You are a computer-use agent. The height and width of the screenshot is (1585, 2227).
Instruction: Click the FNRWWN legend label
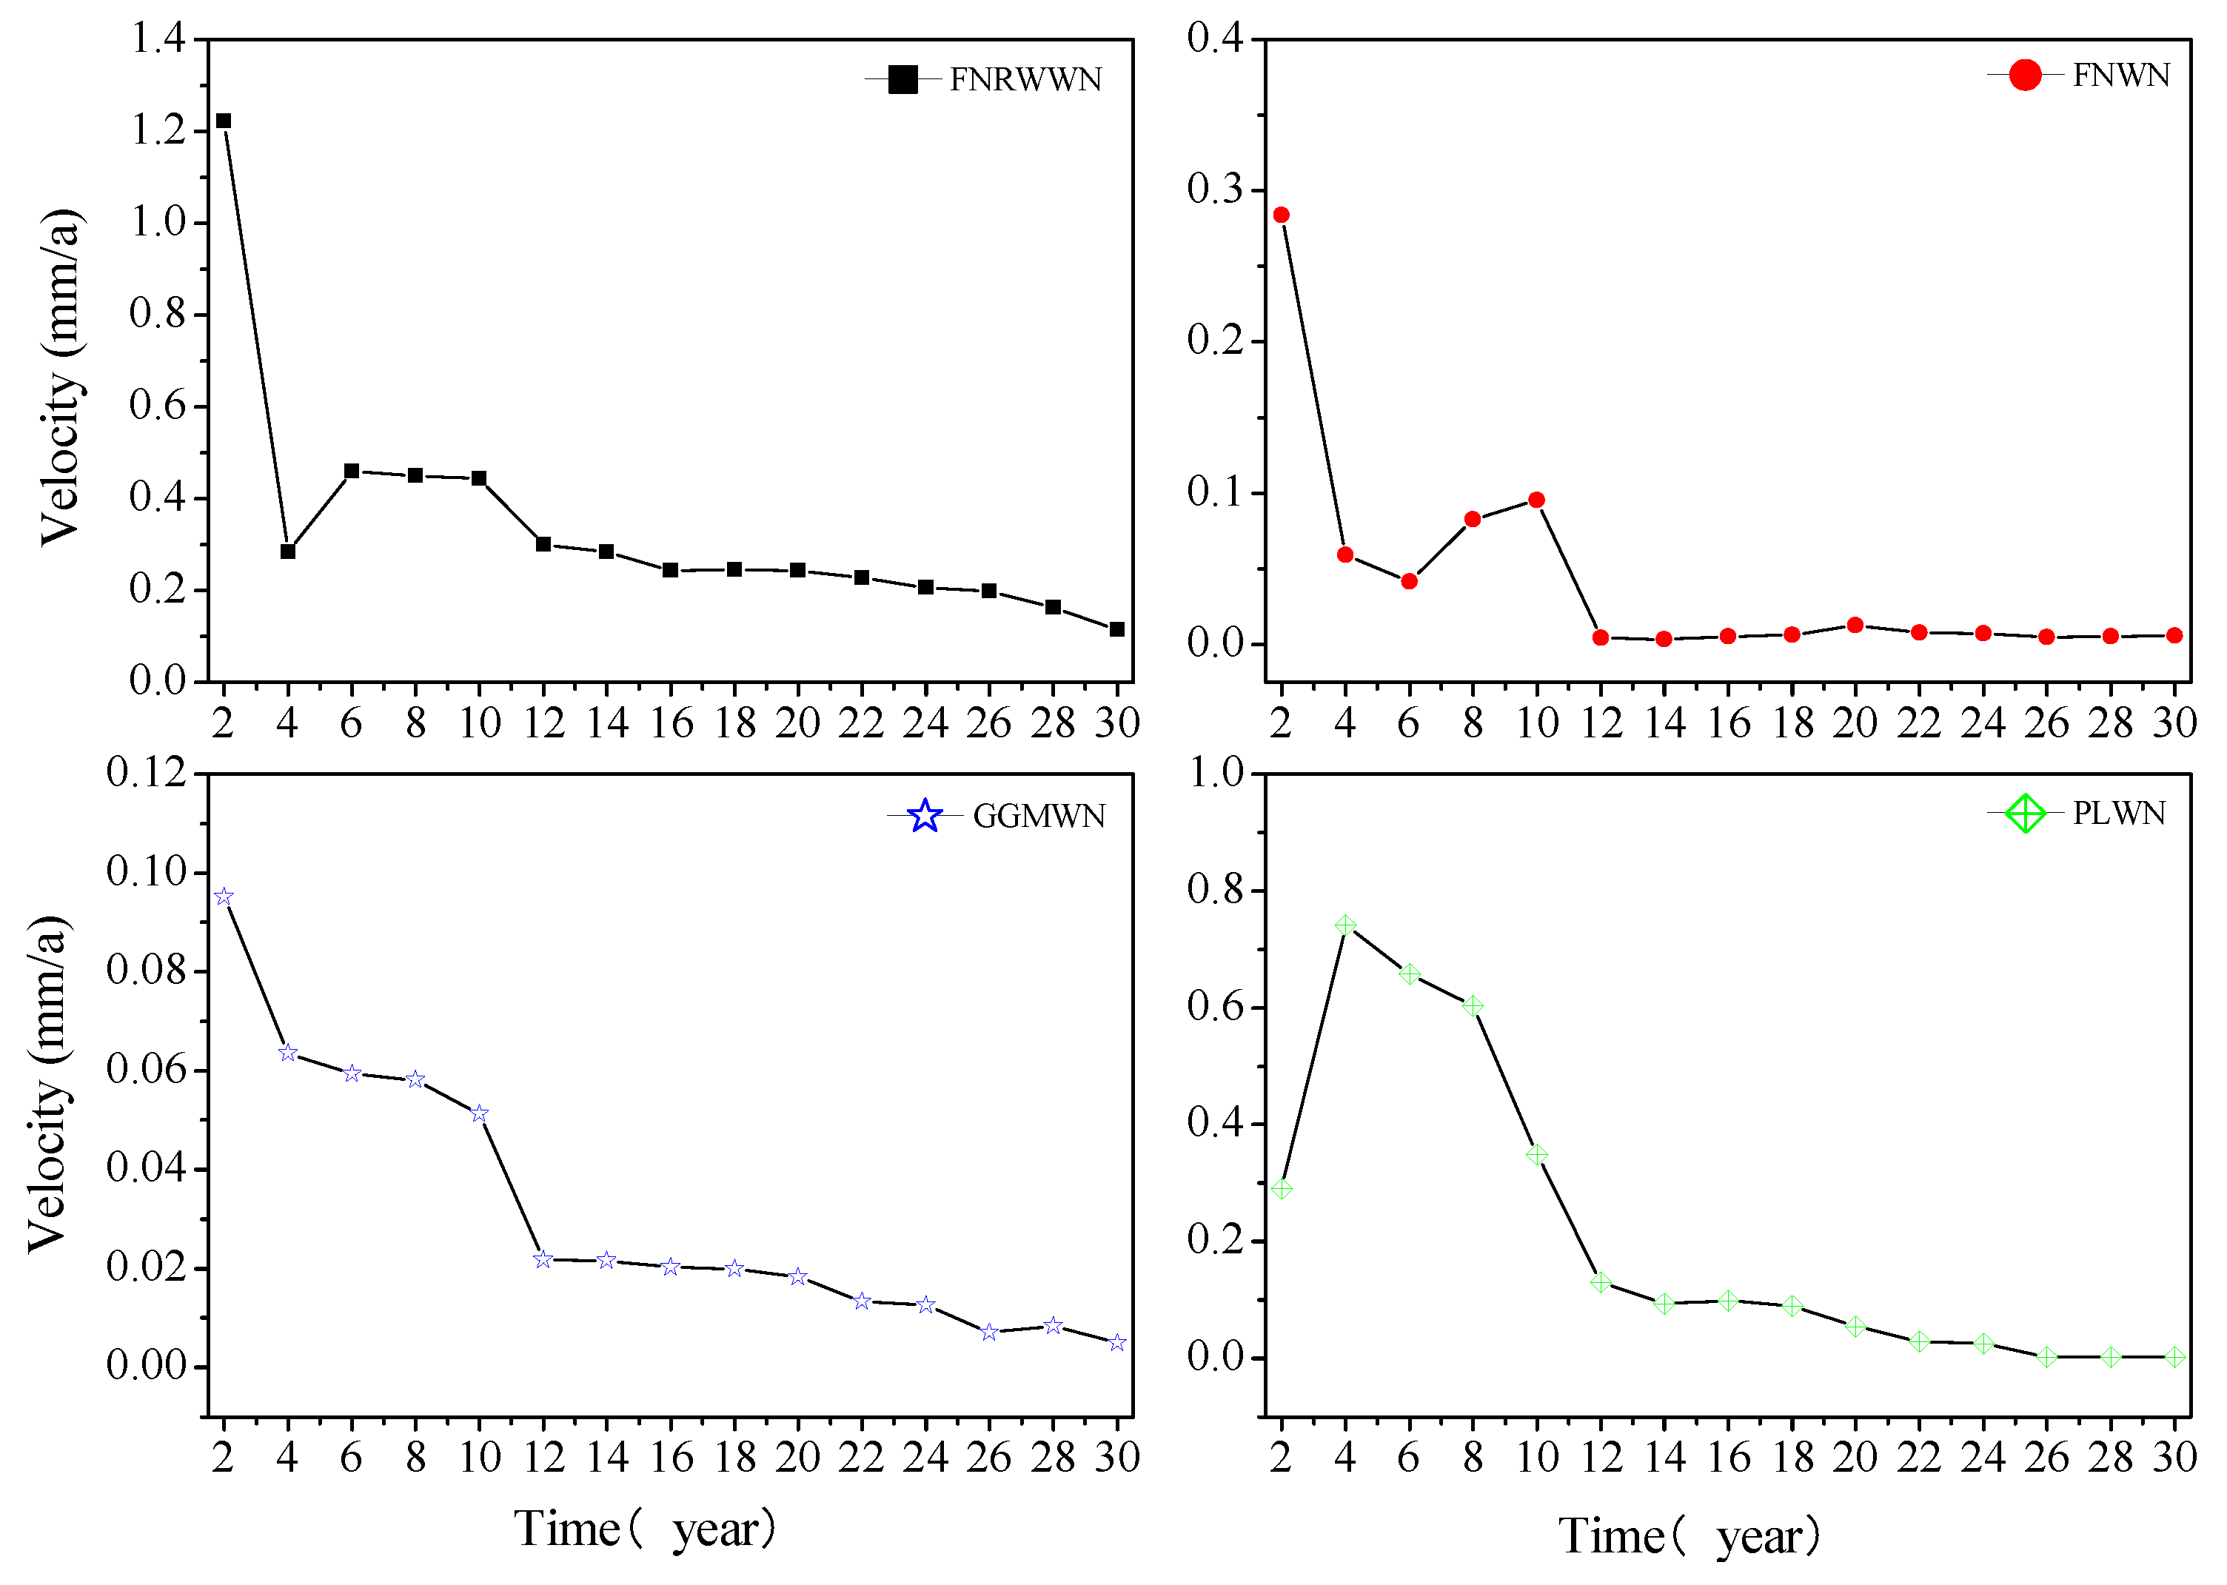[x=1025, y=79]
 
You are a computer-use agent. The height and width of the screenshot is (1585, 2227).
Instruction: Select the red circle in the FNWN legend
[x=2024, y=76]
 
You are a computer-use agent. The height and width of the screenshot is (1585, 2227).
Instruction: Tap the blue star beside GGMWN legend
[x=924, y=816]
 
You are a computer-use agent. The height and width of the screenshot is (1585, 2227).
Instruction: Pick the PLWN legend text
[x=2117, y=813]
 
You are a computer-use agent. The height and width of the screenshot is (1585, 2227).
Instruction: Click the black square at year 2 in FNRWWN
[x=224, y=121]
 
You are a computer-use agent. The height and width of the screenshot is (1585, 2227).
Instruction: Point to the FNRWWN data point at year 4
[x=288, y=552]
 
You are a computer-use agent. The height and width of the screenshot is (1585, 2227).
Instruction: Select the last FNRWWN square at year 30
[x=1116, y=629]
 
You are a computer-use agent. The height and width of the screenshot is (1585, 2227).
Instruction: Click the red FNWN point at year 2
[x=1282, y=215]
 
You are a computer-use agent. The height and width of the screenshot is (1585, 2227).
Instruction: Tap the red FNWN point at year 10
[x=1536, y=500]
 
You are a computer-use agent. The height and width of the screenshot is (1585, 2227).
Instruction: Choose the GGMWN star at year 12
[x=543, y=1260]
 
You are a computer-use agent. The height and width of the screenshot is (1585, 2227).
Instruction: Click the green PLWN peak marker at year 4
[x=1344, y=925]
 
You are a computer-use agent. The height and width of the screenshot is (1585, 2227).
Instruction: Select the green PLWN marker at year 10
[x=1536, y=1155]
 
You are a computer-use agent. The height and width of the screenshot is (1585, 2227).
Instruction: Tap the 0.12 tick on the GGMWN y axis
[x=147, y=773]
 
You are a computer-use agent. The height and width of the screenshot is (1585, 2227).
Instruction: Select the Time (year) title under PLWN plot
[x=1688, y=1535]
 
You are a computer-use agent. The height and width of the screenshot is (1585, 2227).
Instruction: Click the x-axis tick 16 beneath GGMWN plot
[x=672, y=1457]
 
